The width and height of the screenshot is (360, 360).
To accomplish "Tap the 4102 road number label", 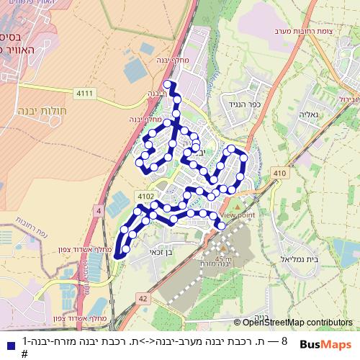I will point(144,194).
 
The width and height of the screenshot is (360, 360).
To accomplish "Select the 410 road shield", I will point(279,173).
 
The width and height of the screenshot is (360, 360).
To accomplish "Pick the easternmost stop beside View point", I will point(222,226).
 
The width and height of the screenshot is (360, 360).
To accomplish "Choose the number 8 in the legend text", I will point(284,341).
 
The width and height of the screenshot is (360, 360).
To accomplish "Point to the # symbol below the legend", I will point(24,354).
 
